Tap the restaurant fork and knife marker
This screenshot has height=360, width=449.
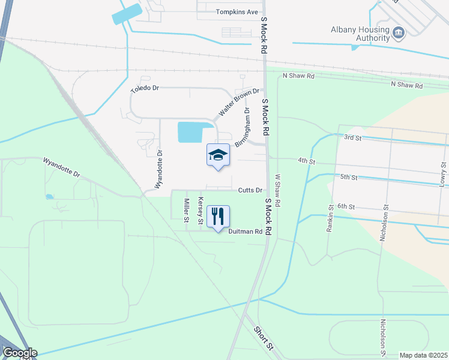tap(218, 216)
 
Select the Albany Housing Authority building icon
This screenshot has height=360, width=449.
tap(399, 32)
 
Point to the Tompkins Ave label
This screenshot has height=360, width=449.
tap(237, 11)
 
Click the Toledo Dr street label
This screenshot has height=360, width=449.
tap(145, 89)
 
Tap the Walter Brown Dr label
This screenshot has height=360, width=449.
tap(238, 102)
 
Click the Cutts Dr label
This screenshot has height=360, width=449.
tap(250, 190)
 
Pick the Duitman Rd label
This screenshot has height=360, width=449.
tap(246, 231)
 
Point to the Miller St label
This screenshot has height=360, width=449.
tap(187, 211)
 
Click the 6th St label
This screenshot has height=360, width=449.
tap(347, 206)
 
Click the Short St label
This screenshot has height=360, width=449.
tap(264, 338)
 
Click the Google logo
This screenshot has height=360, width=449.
tap(19, 353)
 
